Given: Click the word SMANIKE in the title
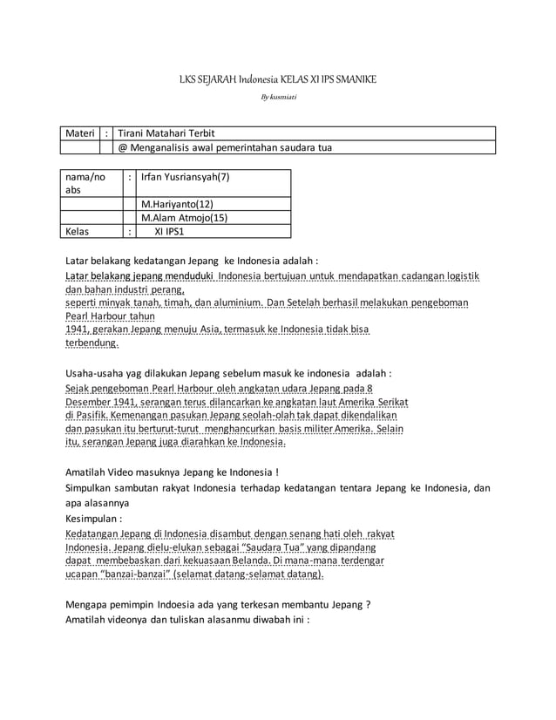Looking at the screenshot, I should pos(355,80).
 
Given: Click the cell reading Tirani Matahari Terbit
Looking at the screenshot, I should pos(166,133).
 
